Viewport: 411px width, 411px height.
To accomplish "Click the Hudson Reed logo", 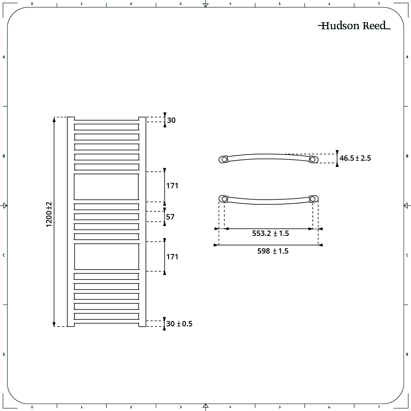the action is (354, 25).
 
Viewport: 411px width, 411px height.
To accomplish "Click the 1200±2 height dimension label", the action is (49, 215).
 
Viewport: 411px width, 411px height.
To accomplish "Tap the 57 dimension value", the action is (170, 217).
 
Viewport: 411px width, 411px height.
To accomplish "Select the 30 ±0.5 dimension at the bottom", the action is (179, 324).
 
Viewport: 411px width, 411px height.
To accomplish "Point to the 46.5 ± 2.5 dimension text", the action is (355, 158).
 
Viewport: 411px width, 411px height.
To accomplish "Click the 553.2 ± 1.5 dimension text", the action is (270, 233).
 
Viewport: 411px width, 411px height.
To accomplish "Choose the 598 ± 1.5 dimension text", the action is (273, 251).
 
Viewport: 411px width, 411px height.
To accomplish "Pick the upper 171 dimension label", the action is (172, 186).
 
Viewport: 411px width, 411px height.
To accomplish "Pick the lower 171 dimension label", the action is (172, 256).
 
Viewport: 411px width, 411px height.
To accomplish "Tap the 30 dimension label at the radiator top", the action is (171, 120).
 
